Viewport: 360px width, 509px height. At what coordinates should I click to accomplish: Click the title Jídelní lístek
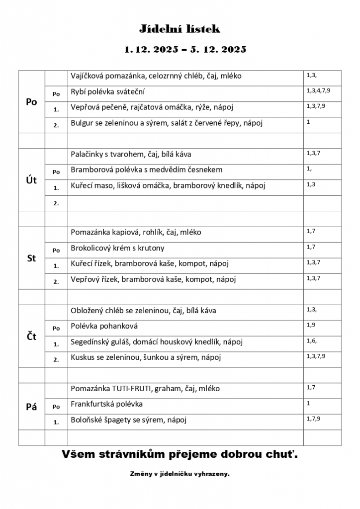[179, 29]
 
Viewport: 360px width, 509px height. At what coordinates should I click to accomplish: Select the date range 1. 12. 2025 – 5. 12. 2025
[185, 50]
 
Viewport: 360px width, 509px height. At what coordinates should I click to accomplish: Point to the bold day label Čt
[31, 337]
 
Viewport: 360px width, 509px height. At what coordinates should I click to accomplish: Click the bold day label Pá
[31, 407]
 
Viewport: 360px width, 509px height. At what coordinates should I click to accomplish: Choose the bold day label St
[31, 258]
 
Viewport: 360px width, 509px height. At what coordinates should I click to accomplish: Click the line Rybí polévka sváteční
[108, 92]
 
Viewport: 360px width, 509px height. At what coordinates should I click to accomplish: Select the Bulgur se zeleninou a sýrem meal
[166, 123]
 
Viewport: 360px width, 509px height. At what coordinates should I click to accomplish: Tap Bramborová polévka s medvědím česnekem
[147, 170]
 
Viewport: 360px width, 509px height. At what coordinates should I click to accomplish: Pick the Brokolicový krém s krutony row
[117, 248]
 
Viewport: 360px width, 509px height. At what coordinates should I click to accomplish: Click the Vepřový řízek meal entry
[153, 279]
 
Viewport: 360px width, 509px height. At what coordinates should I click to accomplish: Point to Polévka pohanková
[104, 326]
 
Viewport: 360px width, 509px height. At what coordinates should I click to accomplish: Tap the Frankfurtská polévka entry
[106, 404]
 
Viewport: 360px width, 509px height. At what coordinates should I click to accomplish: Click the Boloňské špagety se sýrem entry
[128, 420]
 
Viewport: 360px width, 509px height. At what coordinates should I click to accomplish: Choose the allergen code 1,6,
[312, 340]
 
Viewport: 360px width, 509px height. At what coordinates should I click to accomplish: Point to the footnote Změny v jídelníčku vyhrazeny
[180, 474]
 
